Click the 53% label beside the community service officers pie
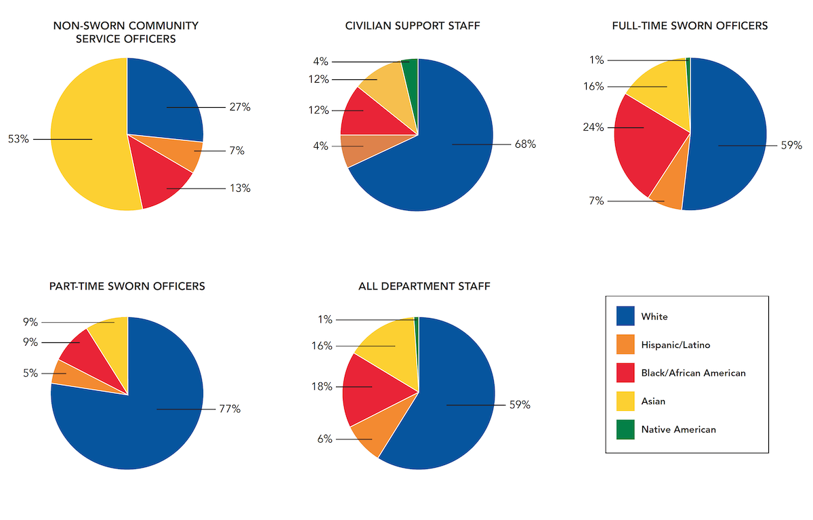pos(18,139)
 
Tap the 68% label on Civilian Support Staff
pos(525,144)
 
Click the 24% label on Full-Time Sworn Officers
pos(593,127)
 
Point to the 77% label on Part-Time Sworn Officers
pos(230,409)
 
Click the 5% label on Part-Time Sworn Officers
pos(31,373)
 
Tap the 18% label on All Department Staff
pos(322,386)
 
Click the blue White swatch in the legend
pos(625,316)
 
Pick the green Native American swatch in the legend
pos(625,429)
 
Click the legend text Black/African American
pos(693,373)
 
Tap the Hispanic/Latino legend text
pos(675,344)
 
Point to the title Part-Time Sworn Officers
pos(127,286)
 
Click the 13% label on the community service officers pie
pos(240,188)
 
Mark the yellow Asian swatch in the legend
pos(625,401)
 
